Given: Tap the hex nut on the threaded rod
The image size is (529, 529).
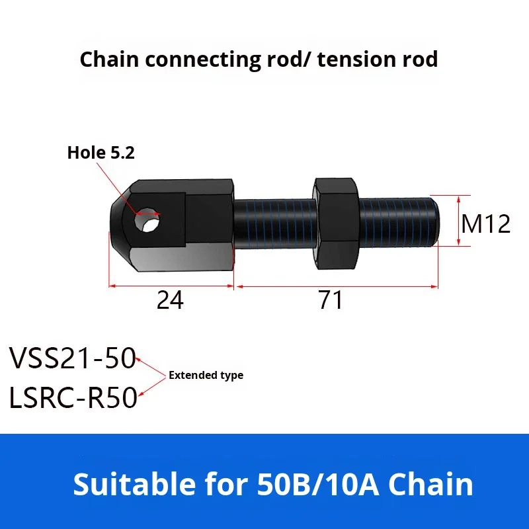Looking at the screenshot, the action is [x=337, y=224].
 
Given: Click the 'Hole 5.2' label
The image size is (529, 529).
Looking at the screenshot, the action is [x=101, y=153].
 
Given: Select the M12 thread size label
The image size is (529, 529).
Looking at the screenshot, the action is [x=486, y=224].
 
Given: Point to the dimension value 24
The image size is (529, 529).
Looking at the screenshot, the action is [x=170, y=301].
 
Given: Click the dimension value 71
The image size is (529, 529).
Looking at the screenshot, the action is [x=331, y=301].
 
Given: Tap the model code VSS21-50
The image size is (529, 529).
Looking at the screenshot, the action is [x=72, y=360].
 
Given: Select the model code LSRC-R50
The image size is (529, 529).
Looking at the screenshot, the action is [x=73, y=398].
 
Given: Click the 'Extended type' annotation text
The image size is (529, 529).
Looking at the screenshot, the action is [x=206, y=376].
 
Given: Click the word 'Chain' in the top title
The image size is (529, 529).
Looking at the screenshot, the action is [x=110, y=60].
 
